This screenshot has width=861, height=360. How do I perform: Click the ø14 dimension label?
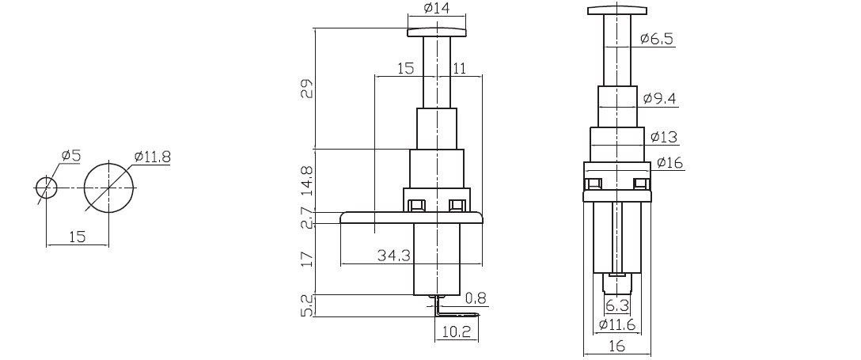point(437,9)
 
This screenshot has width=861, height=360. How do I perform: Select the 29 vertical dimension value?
point(308,89)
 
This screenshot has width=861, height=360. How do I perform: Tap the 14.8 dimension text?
point(308,180)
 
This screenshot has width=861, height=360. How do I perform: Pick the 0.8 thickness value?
point(476,298)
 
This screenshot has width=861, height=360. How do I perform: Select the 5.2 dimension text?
point(308,305)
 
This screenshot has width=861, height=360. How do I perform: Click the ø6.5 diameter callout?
point(657,39)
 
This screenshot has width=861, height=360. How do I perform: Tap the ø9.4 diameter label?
point(659,99)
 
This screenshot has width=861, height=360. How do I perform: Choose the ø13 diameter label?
point(663,137)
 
